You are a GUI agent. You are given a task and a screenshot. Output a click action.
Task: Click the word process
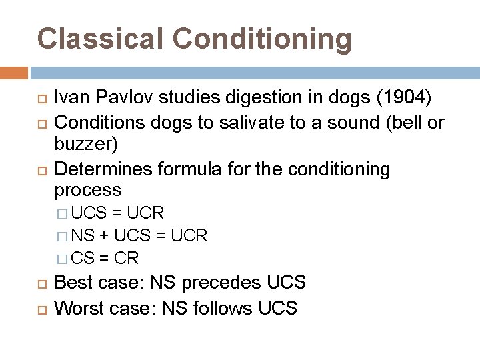point(88,191)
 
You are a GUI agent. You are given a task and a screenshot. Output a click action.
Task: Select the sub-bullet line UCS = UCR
point(117,213)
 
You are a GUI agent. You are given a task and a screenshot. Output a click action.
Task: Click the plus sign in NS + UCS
point(105,236)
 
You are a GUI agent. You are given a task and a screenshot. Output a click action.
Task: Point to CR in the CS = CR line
point(127,258)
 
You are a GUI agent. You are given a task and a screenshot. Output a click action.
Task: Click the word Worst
point(75,308)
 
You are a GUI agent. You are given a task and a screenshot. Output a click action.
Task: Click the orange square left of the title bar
point(14,72)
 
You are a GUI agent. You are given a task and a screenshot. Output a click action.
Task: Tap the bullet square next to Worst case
point(41,309)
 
